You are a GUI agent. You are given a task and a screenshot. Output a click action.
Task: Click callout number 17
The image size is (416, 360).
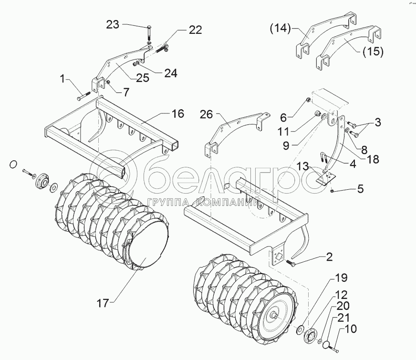pos(104,302)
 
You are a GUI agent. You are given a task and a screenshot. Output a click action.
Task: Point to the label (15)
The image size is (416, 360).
pos(373,51)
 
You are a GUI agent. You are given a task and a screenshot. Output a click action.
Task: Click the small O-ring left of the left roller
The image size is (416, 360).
pos(13,165)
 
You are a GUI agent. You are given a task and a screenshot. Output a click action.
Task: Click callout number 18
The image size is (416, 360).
pos(373,159)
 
